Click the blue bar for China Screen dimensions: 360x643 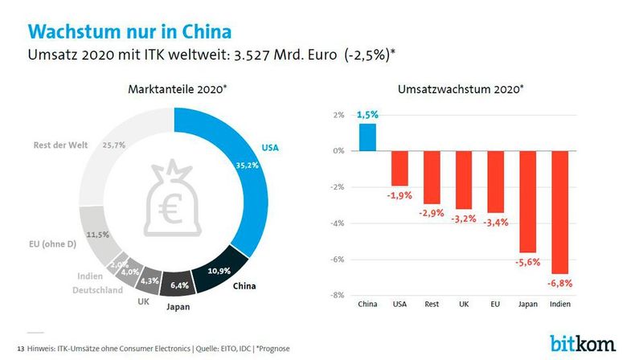click(367, 137)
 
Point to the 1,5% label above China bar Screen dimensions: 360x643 click(367, 115)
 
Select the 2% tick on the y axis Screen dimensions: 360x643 click(338, 115)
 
